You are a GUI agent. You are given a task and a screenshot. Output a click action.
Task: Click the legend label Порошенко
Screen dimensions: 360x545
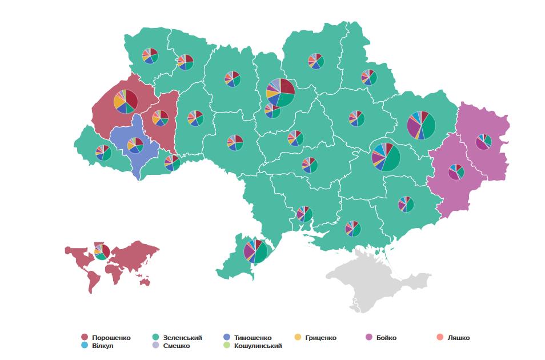coord(111,338)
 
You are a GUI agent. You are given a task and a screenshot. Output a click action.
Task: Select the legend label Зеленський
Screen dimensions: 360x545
coord(183,338)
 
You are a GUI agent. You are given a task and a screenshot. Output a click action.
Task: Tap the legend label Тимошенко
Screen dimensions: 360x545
coord(253,338)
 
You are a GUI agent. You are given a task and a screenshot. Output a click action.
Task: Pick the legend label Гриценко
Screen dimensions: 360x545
coord(320,338)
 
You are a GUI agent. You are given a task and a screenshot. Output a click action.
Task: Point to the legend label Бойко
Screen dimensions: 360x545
coord(386,338)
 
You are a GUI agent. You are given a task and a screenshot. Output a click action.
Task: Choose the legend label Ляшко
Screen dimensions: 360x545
coord(459,338)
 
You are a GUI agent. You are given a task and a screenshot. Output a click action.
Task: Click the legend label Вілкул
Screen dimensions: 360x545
coord(103,346)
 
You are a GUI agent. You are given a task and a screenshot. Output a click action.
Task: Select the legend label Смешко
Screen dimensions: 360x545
coord(177,346)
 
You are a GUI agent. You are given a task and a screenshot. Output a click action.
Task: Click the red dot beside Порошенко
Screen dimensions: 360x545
coord(85,338)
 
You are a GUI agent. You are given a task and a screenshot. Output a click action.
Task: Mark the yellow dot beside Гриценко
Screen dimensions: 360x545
coord(297,338)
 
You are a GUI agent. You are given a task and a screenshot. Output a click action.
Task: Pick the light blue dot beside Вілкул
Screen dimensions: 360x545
coord(85,346)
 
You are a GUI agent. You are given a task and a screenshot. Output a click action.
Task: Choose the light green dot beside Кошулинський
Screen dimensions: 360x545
coord(227,346)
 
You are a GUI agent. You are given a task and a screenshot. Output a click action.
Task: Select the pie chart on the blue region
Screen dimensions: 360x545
coord(135,145)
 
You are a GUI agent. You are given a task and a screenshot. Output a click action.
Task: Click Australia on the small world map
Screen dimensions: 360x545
coord(143,281)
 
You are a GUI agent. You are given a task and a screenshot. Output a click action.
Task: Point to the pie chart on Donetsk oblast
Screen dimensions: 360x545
coord(456,171)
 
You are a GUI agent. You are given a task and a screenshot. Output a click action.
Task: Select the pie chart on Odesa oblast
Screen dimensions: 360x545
coord(255,251)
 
